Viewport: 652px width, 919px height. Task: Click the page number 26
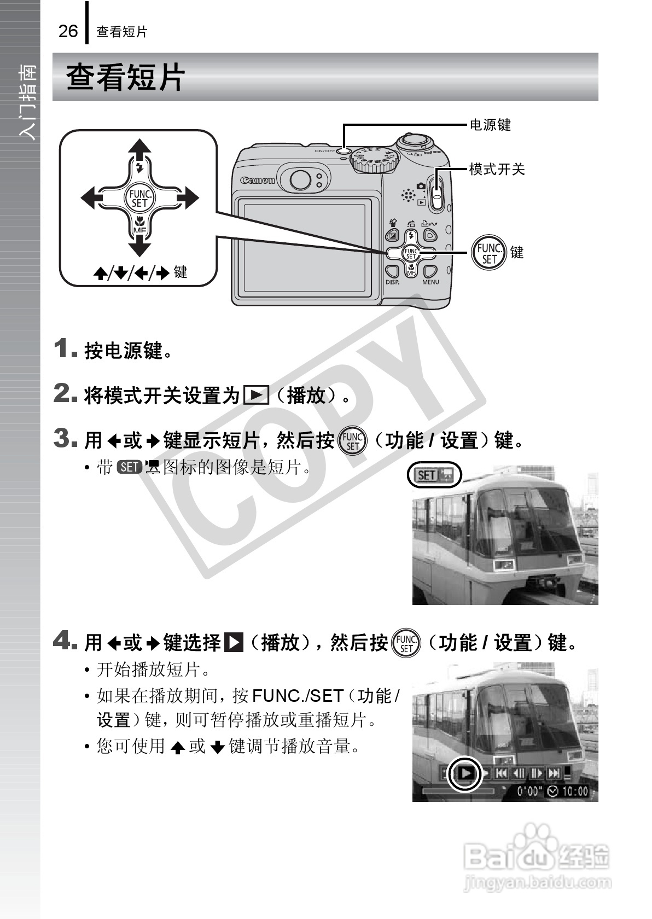[68, 31]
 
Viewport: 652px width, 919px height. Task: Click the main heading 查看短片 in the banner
[126, 77]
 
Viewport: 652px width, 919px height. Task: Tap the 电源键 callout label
[490, 125]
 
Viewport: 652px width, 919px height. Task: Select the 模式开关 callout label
[497, 170]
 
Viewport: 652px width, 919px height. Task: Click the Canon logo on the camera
[258, 180]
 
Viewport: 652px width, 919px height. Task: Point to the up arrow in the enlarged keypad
[139, 150]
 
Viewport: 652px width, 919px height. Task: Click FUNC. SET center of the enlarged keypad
[139, 198]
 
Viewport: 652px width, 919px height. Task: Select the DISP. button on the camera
[392, 272]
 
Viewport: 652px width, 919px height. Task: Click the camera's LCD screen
[304, 247]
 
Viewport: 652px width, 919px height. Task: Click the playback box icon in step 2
[256, 395]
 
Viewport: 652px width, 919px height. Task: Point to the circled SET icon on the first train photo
[434, 475]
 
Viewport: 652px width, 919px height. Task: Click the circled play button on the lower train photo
[465, 773]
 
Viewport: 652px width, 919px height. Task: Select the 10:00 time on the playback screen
[574, 791]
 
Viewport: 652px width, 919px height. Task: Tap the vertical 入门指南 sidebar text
[27, 101]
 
